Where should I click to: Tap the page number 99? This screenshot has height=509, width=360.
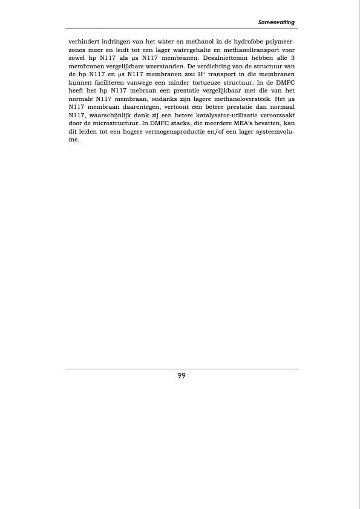point(182,375)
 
